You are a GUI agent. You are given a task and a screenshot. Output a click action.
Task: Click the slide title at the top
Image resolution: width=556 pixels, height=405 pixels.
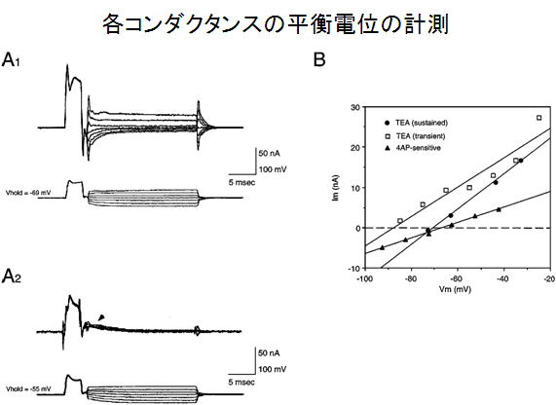tap(276, 24)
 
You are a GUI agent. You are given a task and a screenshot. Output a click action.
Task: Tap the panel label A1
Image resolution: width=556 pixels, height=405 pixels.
tap(11, 59)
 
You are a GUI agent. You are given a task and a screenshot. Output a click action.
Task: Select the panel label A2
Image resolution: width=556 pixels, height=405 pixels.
tap(12, 276)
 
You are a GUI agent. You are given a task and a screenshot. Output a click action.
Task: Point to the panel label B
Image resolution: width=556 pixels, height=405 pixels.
tap(319, 59)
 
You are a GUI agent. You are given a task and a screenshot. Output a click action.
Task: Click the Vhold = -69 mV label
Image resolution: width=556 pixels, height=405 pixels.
tap(28, 193)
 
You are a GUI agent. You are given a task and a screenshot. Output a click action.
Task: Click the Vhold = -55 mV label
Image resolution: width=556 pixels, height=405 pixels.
tap(28, 389)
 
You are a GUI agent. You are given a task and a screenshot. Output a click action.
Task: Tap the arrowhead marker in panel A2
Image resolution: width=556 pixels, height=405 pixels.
tap(102, 317)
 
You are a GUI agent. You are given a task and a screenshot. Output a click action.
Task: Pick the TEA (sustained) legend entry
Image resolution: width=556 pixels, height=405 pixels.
tap(417, 123)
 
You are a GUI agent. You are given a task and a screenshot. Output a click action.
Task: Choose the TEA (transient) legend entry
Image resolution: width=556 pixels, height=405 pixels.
tap(415, 136)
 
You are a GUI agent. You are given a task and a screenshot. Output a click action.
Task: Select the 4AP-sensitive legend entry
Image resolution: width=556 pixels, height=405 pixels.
tap(413, 148)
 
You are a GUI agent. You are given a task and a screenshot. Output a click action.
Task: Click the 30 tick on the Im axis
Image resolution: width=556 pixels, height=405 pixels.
tap(355, 107)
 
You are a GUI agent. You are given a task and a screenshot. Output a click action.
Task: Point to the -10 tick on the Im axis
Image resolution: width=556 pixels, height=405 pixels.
tap(354, 268)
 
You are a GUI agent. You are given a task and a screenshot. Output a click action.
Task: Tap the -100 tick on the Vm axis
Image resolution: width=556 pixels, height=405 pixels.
tap(364, 278)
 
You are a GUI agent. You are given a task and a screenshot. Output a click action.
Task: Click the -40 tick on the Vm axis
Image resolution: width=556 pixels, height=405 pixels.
tap(503, 278)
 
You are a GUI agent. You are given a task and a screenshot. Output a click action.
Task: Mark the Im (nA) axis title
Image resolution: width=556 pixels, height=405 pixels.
tap(335, 188)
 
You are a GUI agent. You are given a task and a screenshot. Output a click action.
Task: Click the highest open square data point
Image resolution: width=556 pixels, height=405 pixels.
tap(539, 118)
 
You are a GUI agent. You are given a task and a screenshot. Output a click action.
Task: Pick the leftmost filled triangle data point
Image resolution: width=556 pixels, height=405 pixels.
tap(382, 247)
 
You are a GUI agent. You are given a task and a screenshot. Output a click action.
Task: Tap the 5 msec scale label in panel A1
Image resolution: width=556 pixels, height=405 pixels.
tap(241, 183)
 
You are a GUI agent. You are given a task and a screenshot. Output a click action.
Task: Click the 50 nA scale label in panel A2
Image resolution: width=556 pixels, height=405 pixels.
tap(269, 353)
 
